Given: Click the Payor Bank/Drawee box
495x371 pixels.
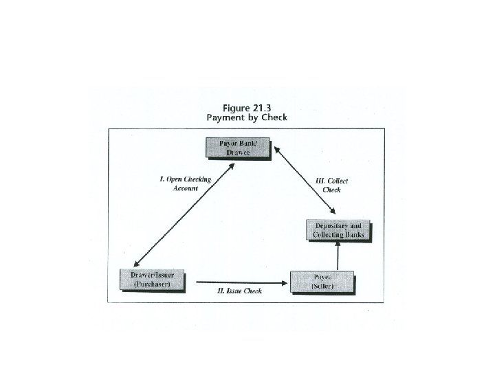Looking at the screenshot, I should (x=238, y=147).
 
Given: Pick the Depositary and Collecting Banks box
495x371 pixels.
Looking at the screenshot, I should (x=338, y=230).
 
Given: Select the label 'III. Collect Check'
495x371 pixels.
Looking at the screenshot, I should (x=331, y=185).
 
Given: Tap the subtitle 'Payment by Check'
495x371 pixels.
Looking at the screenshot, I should (x=247, y=117).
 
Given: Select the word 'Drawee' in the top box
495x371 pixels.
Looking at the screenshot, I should (x=238, y=153).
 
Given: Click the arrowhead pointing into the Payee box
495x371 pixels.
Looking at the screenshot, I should (x=285, y=282).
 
